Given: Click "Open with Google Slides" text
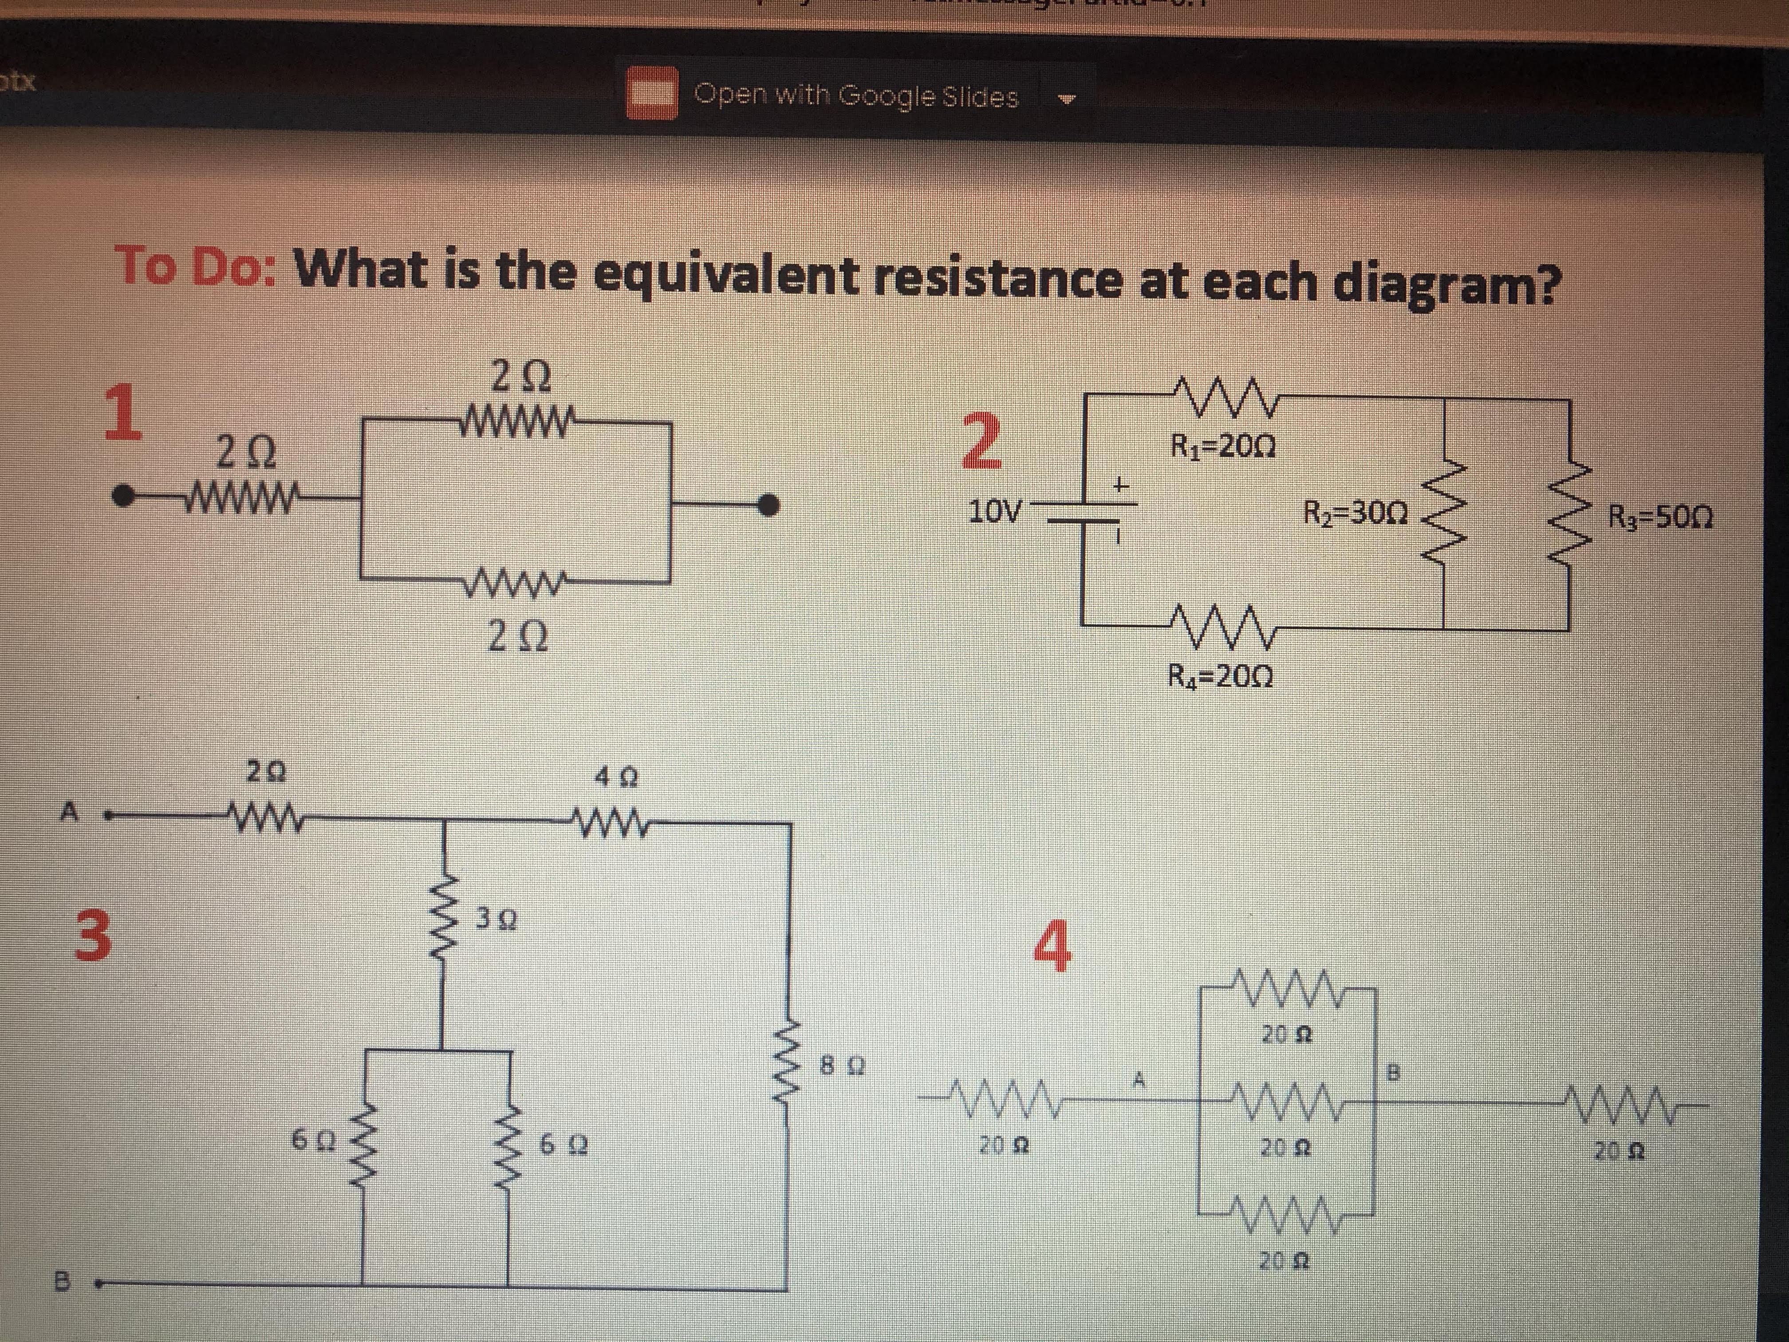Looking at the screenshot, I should pyautogui.click(x=856, y=97).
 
